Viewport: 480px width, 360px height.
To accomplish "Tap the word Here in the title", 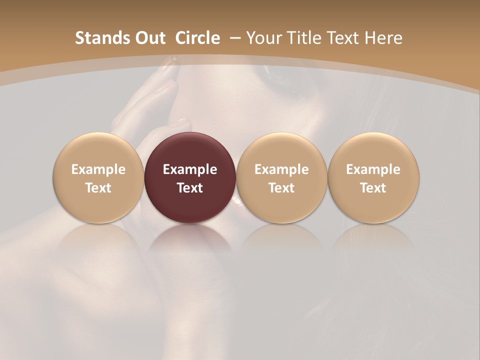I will coord(384,38).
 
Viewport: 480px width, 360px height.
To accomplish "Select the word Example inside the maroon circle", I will coord(189,169).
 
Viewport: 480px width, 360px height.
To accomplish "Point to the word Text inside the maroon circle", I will coord(189,188).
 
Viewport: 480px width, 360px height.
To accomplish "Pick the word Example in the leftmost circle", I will coord(98,169).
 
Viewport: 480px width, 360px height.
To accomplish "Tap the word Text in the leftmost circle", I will coord(98,188).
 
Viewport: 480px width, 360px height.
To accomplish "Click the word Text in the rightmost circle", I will coord(373,188).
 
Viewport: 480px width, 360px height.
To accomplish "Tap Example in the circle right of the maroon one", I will coord(281,169).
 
